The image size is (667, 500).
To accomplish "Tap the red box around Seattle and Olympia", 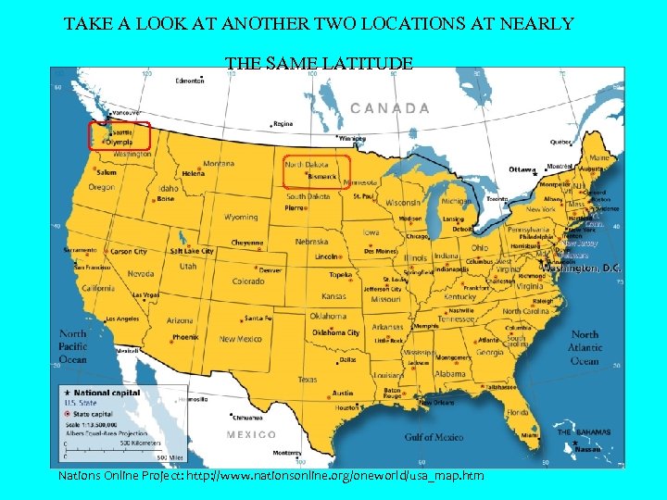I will [119, 136].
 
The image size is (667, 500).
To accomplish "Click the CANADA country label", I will [389, 107].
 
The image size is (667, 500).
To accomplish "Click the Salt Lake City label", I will [192, 251].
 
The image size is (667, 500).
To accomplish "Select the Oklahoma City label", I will [335, 332].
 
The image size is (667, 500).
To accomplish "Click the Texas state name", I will [307, 379].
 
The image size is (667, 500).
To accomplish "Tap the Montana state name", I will [219, 164].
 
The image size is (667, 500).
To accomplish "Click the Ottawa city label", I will [522, 169].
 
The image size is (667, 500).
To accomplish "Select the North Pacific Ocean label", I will [72, 346].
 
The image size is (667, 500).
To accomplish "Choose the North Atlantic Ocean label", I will [585, 347].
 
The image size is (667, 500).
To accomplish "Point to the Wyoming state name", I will [241, 218].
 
